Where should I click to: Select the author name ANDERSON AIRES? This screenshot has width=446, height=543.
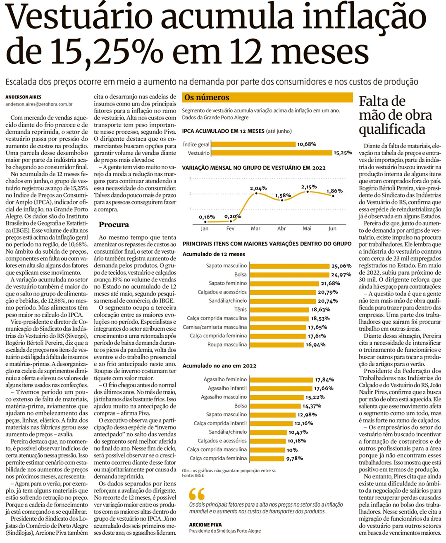[23, 97]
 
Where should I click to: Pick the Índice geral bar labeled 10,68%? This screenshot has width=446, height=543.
[253, 144]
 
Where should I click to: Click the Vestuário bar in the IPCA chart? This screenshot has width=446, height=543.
[271, 153]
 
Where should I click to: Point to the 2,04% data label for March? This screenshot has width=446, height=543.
[258, 189]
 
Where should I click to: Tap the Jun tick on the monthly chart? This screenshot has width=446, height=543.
[332, 228]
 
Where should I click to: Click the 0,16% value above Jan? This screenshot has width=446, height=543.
[207, 217]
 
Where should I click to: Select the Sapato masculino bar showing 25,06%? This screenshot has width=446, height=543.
[289, 266]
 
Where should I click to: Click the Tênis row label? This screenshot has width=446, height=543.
[240, 310]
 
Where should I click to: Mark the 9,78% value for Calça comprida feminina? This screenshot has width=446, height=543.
[294, 459]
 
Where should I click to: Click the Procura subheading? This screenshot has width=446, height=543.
[114, 225]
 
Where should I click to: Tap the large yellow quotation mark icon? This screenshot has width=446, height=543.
[197, 494]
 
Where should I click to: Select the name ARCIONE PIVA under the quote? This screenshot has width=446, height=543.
[205, 525]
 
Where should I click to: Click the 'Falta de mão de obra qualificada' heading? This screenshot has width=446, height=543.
[395, 115]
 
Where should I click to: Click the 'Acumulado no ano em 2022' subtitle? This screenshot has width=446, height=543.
[219, 366]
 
